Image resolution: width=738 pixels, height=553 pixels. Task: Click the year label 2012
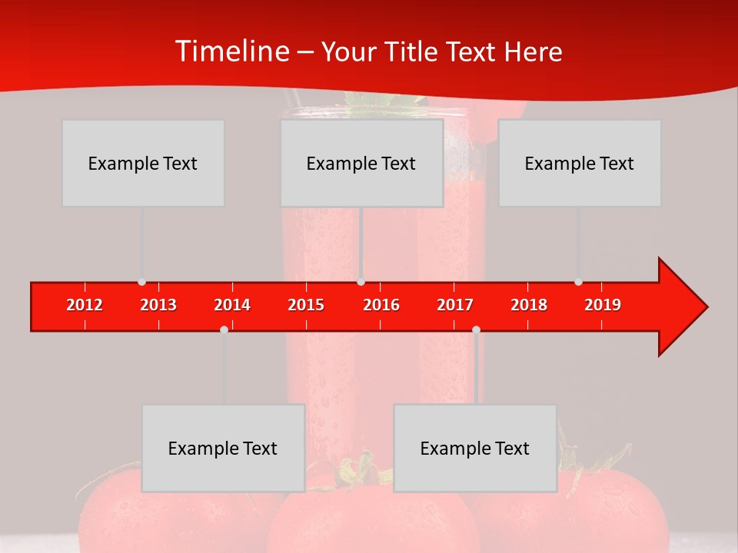click(85, 305)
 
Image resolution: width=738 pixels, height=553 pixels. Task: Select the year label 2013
click(158, 305)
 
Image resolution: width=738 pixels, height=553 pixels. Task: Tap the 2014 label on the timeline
click(232, 305)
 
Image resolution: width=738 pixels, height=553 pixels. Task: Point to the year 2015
click(306, 305)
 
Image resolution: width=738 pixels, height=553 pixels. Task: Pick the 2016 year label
click(381, 305)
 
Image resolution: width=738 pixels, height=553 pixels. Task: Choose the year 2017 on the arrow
click(455, 305)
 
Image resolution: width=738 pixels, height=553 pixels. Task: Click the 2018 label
click(529, 305)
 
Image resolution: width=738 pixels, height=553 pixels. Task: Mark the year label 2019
click(603, 305)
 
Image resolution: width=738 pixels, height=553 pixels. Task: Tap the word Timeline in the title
click(231, 51)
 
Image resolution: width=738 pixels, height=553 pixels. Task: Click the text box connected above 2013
click(143, 163)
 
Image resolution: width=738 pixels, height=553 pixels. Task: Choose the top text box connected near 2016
click(361, 163)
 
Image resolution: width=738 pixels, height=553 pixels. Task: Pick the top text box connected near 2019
click(580, 163)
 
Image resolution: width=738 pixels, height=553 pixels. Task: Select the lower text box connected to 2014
click(223, 448)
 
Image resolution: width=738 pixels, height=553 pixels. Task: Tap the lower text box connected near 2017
click(475, 448)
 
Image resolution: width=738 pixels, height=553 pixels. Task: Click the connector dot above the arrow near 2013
click(141, 282)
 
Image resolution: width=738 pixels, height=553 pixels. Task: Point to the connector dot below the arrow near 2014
click(224, 329)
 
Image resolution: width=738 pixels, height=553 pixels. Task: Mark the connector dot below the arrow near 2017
click(476, 329)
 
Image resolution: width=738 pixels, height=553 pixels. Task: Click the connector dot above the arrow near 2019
click(578, 282)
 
